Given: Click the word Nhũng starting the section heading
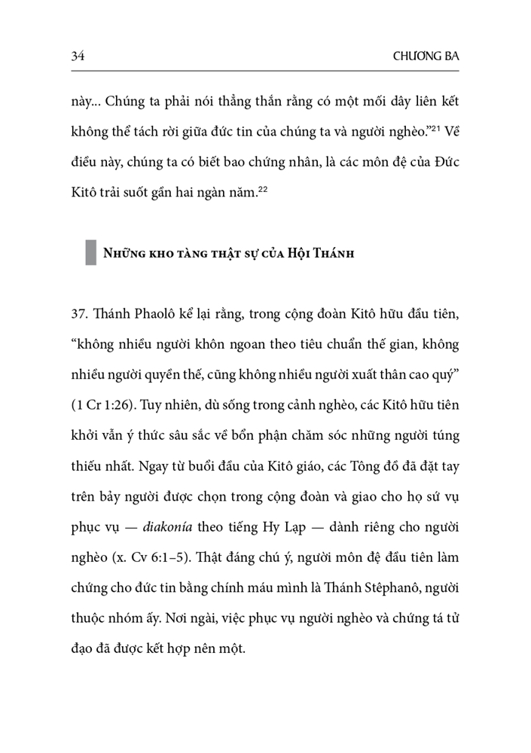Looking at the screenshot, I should (124, 253).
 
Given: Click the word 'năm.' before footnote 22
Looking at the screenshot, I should (243, 193).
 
